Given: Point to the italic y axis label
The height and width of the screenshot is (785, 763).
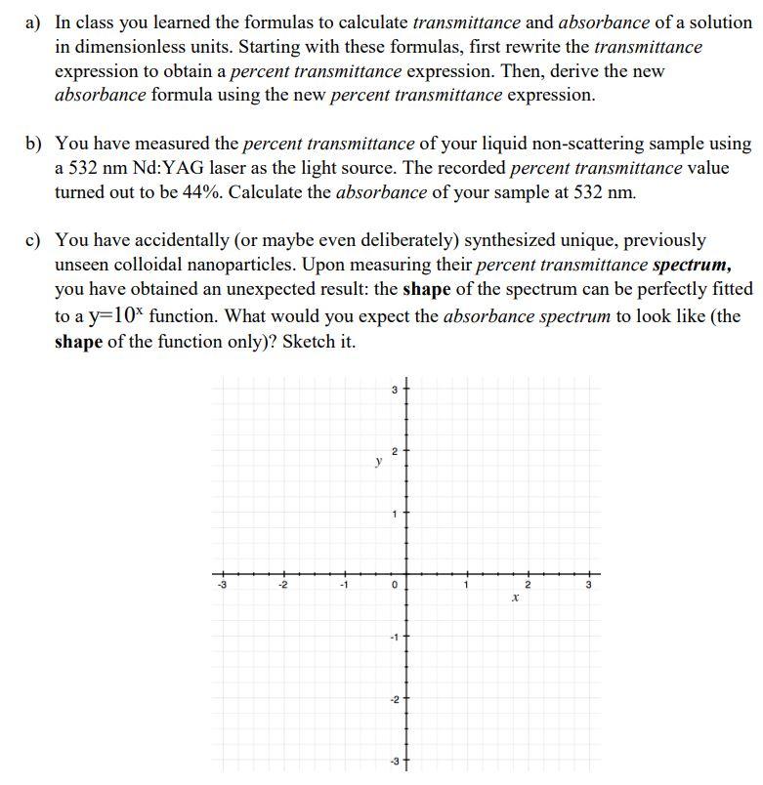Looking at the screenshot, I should [x=376, y=464].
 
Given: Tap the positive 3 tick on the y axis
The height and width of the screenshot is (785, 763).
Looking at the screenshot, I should [x=394, y=392].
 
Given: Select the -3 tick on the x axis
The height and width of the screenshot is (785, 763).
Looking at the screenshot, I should [x=224, y=586].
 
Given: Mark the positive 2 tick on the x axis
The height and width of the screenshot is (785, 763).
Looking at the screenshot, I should [x=527, y=586].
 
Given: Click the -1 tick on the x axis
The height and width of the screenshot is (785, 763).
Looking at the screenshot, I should [x=344, y=586].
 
